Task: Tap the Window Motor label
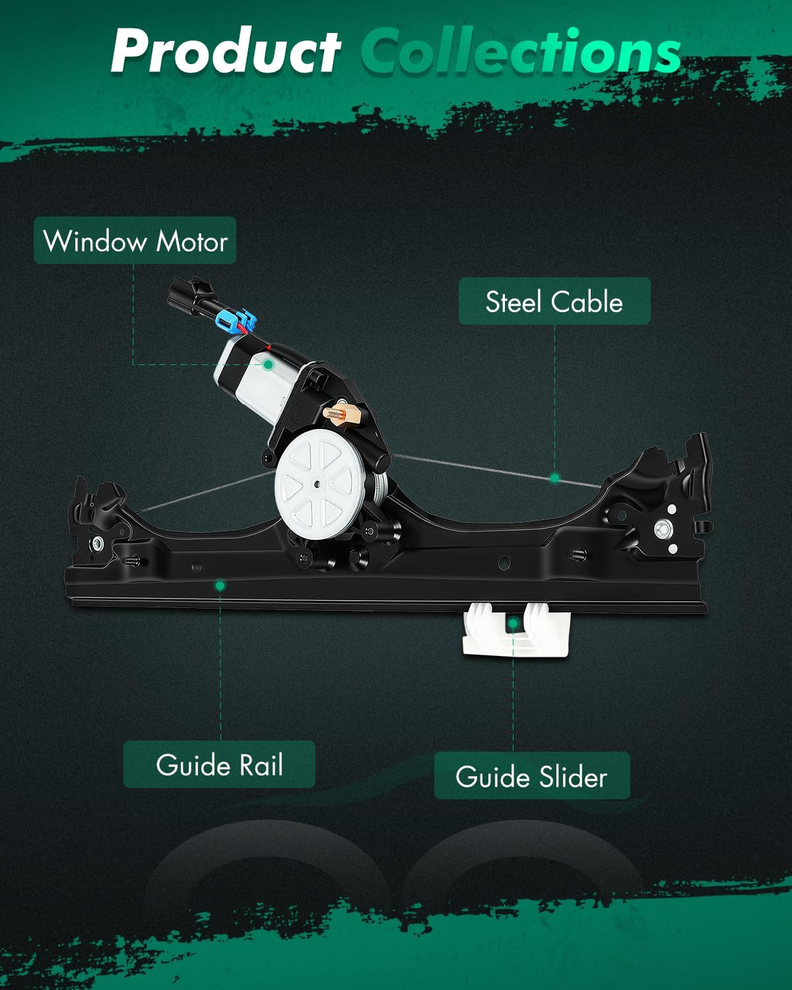tap(135, 241)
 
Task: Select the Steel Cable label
tap(554, 302)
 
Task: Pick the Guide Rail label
tap(219, 765)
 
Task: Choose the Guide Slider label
tap(531, 776)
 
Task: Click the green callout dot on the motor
tap(268, 364)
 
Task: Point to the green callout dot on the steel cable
tap(554, 478)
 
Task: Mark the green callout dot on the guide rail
tap(220, 585)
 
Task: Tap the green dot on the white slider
tap(513, 622)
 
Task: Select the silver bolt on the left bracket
tap(98, 543)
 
